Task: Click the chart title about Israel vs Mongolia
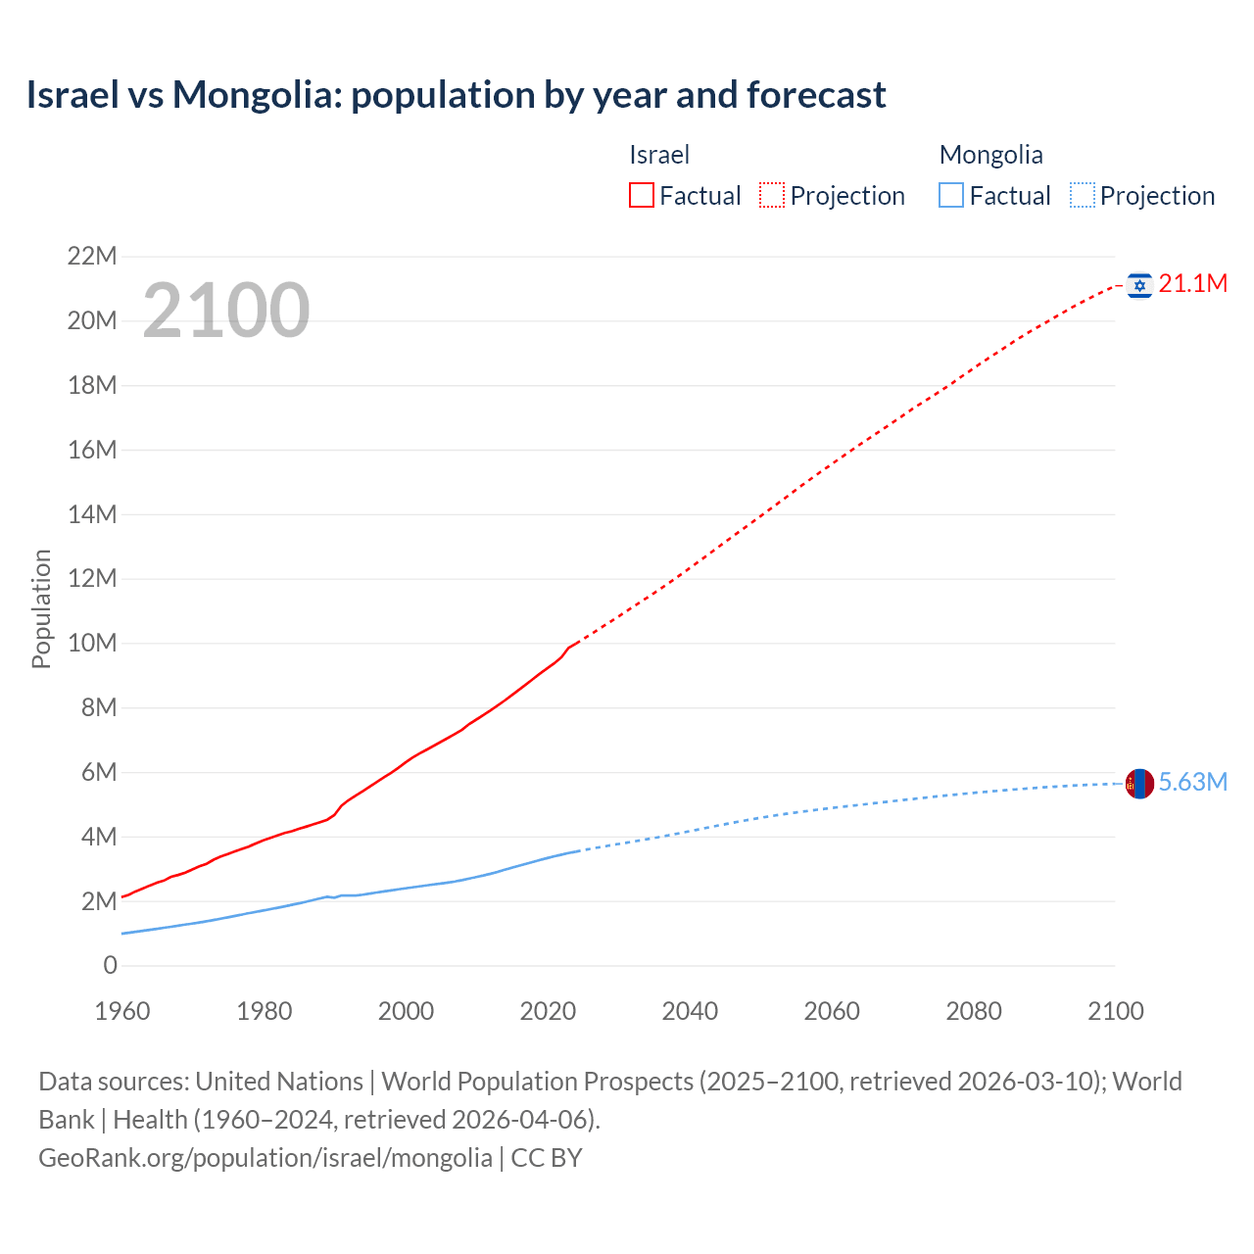pos(456,95)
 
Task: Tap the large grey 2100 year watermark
pos(226,311)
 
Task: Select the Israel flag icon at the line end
pos(1139,285)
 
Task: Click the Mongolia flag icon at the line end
pos(1139,783)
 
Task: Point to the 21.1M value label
pos(1192,284)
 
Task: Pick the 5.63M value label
pos(1192,782)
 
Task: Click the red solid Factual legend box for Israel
pos(642,196)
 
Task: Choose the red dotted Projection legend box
pos(772,196)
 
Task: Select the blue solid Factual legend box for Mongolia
pos(951,196)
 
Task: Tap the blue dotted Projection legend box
pos(1083,196)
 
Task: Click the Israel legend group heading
pos(659,155)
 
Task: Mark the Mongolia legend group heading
pos(990,155)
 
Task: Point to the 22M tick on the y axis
pos(92,257)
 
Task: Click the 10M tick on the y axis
pos(92,644)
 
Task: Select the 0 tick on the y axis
pos(110,966)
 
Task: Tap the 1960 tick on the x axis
pos(122,1011)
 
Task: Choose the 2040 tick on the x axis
pos(690,1011)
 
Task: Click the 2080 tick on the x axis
pos(974,1011)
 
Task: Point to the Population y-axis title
pos(41,608)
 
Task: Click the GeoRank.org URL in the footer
pos(265,1158)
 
